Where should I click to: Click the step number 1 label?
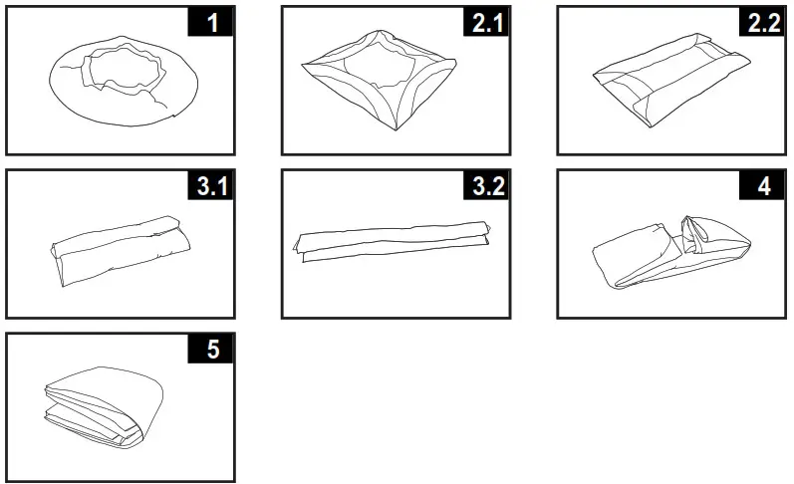[212, 23]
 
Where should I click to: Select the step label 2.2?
[762, 23]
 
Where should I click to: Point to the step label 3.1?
[212, 186]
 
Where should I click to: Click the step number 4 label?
[762, 186]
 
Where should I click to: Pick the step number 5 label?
[212, 350]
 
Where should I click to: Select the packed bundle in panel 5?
[100, 408]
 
